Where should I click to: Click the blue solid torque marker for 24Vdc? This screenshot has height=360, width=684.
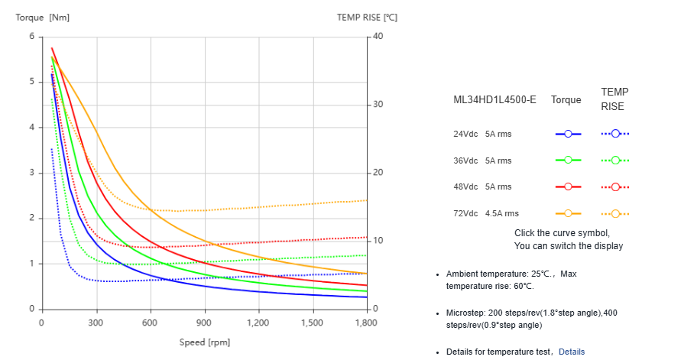(x=568, y=134)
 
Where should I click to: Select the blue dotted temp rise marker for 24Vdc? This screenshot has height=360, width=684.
(x=614, y=134)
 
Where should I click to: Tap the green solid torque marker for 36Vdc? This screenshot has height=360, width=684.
(x=568, y=161)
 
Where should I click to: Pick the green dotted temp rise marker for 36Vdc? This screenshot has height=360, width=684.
(x=614, y=161)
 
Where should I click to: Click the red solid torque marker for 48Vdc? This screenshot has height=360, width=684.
(x=568, y=186)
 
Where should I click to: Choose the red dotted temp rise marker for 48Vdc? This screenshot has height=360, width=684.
(x=614, y=186)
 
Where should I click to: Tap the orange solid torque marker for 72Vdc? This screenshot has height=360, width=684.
(x=568, y=213)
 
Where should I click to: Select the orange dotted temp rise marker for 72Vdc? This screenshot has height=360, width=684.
(x=614, y=213)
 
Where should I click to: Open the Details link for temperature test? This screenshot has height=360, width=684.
(x=571, y=352)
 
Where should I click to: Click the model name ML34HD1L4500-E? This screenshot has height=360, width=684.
(x=494, y=100)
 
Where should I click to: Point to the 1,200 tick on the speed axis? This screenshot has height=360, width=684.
(x=258, y=323)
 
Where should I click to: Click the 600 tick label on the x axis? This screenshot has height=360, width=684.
(x=150, y=323)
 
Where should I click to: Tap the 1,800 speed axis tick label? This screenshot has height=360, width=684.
(x=367, y=323)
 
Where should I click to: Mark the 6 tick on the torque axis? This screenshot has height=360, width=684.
(x=31, y=37)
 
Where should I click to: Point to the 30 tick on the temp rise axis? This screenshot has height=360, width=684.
(x=377, y=105)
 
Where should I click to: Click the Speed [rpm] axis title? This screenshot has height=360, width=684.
(x=204, y=342)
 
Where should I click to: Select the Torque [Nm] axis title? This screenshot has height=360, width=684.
(x=43, y=17)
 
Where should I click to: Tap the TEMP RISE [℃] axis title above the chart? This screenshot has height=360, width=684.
(x=367, y=17)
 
